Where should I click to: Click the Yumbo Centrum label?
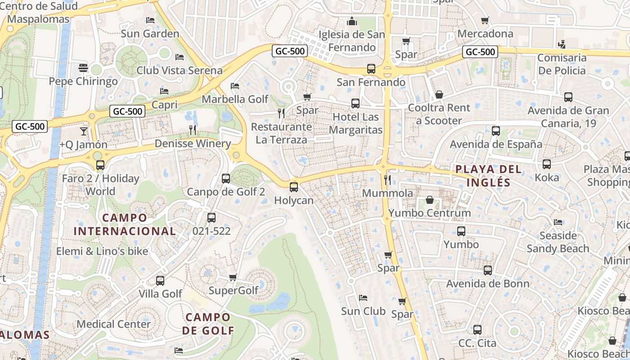429,213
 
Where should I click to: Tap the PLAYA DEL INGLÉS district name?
488,176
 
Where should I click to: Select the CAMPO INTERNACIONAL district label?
125,225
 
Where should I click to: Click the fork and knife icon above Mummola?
387,180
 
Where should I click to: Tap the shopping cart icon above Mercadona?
485,21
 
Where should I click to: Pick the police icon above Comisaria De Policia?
561,44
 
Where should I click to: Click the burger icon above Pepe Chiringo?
83,68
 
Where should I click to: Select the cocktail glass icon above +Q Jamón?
83,131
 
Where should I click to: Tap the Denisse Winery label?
193,144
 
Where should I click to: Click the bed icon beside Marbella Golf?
234,86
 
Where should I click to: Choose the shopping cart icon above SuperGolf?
233,277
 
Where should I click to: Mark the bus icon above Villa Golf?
160,281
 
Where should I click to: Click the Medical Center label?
113,324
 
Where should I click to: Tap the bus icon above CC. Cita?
477,330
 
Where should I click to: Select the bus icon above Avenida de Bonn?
488,270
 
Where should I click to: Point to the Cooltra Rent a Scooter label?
439,114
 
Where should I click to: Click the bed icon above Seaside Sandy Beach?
558,222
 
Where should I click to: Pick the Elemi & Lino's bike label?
102,251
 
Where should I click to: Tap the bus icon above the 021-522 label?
211,218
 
